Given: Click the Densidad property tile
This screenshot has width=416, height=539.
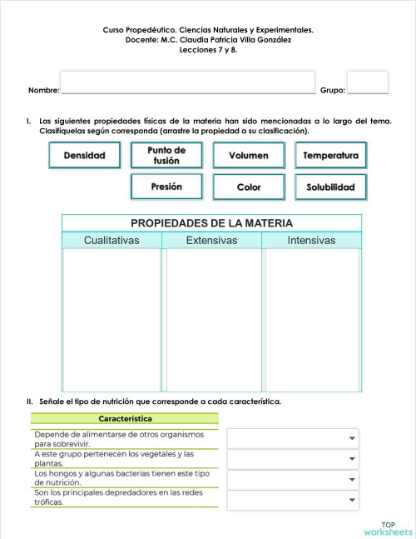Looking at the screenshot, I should click(x=84, y=156).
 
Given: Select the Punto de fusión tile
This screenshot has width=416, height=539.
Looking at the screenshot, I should click(x=166, y=156).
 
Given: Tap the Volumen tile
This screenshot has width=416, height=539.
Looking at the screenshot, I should click(x=248, y=156).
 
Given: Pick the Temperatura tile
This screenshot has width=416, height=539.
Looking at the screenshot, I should click(x=330, y=156).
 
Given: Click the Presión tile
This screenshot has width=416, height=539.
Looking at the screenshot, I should click(x=166, y=187).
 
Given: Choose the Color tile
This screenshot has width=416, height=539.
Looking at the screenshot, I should click(x=248, y=187).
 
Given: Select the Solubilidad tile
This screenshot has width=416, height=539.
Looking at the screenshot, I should click(x=330, y=187).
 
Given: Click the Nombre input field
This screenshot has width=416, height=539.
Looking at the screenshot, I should click(x=188, y=82).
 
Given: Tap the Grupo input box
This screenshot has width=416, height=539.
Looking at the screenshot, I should click(x=367, y=82).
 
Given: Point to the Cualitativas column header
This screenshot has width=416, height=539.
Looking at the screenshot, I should click(x=111, y=241).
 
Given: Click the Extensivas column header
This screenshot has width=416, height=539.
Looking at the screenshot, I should click(x=211, y=241).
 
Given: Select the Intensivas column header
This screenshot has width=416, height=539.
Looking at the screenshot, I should click(x=311, y=241).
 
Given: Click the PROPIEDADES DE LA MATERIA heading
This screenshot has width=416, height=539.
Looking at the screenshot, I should click(x=211, y=223).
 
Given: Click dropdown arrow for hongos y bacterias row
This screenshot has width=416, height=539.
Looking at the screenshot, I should click(x=352, y=480).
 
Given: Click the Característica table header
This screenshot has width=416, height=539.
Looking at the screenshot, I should click(x=125, y=418).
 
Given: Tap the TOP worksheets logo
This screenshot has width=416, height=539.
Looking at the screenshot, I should click(x=387, y=527).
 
